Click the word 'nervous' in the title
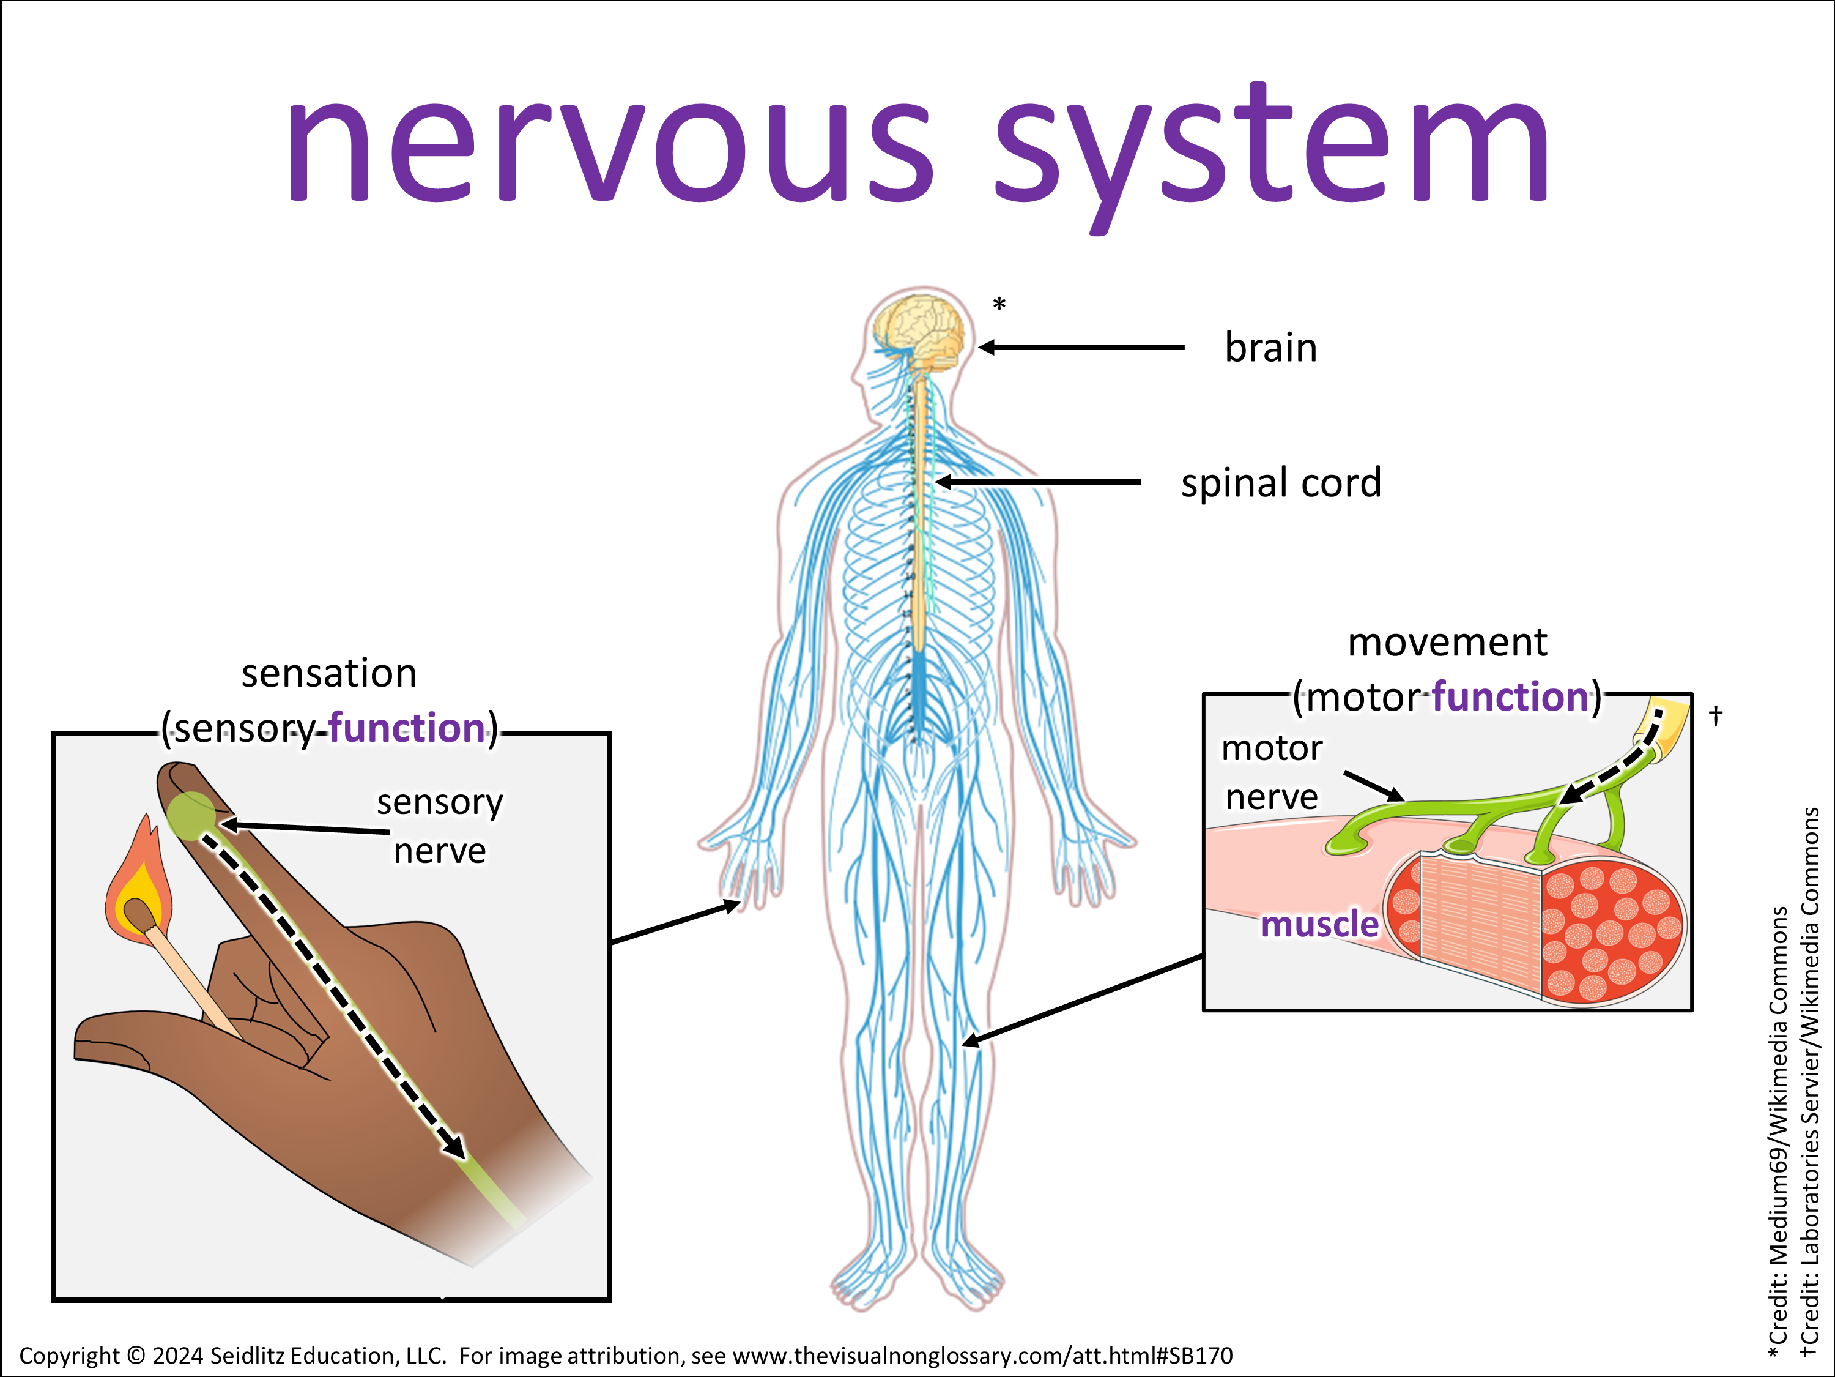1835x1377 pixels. pos(610,149)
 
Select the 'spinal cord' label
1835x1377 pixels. pos(1281,483)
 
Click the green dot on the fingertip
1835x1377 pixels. pos(191,815)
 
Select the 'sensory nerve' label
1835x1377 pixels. pos(440,826)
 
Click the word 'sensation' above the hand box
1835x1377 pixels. pos(328,673)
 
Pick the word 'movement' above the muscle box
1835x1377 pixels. pos(1447,643)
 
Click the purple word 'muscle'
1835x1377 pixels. pos(1319,924)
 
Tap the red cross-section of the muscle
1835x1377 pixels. pos(1609,930)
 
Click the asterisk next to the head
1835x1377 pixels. pos(999,305)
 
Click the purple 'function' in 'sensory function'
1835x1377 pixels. pos(407,728)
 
